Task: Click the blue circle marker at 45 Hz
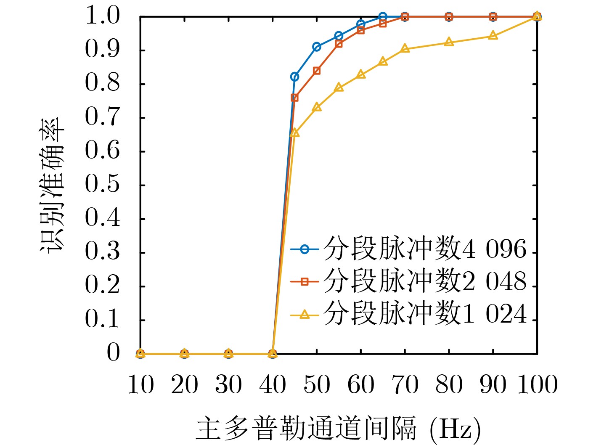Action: pos(294,77)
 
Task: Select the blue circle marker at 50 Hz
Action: pos(317,47)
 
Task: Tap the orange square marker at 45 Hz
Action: pos(294,98)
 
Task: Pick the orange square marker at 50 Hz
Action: pos(317,71)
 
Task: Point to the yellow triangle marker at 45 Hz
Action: pos(294,133)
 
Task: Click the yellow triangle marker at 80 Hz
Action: pos(449,42)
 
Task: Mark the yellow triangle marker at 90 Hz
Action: pos(493,36)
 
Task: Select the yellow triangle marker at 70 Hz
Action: pos(405,48)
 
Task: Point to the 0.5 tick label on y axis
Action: pos(102,185)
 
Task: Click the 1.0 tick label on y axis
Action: pos(102,16)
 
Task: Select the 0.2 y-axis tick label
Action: pos(102,286)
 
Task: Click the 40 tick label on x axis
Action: pos(273,385)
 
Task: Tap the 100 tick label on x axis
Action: pos(537,385)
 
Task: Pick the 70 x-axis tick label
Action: pos(405,385)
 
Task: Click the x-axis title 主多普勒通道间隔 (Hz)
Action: pos(338,429)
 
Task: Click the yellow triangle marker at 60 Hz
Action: pos(361,74)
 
